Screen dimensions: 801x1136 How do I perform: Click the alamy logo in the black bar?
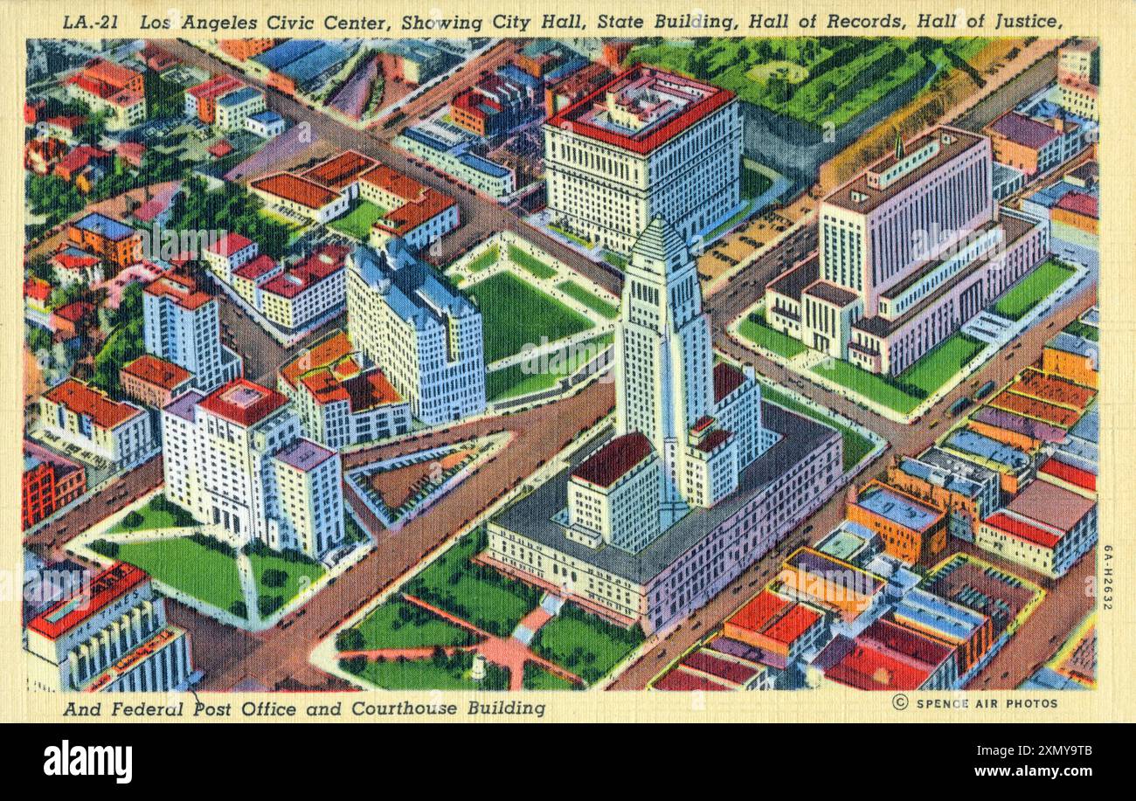(x=87, y=761)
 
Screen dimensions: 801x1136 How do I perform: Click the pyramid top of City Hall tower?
(x=661, y=239)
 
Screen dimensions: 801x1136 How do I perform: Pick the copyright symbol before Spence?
(x=899, y=703)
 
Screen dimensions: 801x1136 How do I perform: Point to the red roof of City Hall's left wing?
(x=612, y=459)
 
